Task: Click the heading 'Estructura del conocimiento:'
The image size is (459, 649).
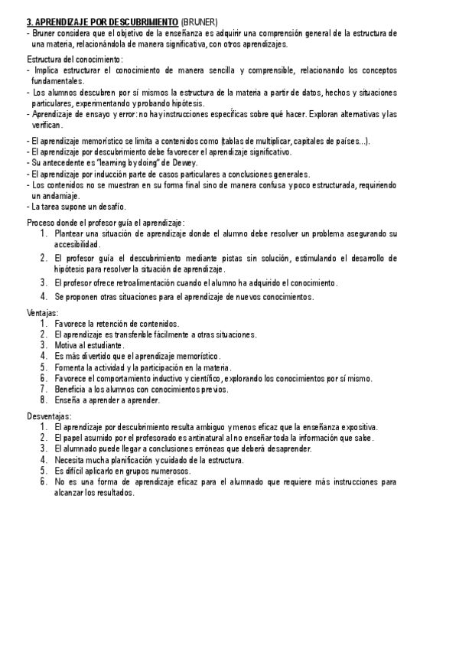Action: (x=75, y=59)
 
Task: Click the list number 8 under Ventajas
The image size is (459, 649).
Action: (x=44, y=400)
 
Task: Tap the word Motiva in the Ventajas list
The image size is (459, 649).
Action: (x=67, y=345)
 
